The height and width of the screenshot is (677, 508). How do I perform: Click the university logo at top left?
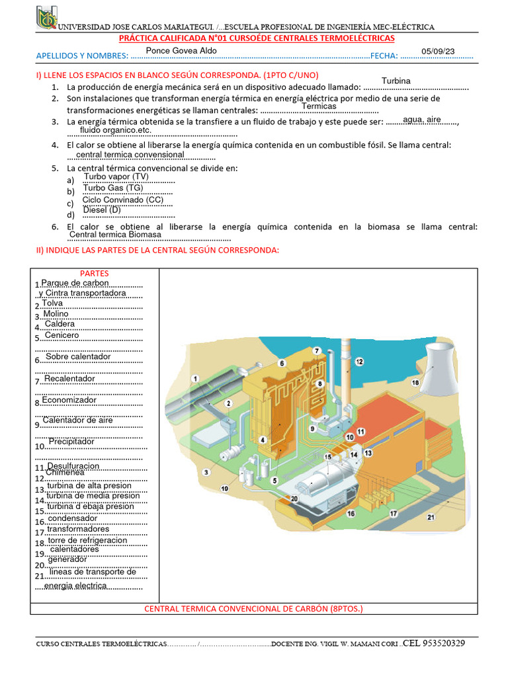pyautogui.click(x=46, y=18)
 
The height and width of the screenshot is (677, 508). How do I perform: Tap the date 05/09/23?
pyautogui.click(x=438, y=52)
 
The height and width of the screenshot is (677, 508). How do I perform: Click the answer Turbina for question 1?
pyautogui.click(x=396, y=81)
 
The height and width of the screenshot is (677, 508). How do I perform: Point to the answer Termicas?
pyautogui.click(x=319, y=106)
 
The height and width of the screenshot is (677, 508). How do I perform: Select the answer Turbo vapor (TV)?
pyautogui.click(x=116, y=177)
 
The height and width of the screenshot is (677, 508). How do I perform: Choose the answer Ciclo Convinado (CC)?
pyautogui.click(x=122, y=200)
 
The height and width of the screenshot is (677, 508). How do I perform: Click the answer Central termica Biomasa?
pyautogui.click(x=115, y=234)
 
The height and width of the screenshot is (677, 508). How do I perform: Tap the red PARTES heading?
pyautogui.click(x=94, y=273)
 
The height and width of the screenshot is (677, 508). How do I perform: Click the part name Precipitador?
pyautogui.click(x=71, y=441)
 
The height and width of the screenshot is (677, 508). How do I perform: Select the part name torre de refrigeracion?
pyautogui.click(x=87, y=540)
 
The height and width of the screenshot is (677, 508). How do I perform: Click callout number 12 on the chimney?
pyautogui.click(x=359, y=362)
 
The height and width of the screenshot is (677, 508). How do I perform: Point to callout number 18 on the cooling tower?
pyautogui.click(x=415, y=383)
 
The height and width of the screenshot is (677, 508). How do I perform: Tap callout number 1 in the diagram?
pyautogui.click(x=195, y=378)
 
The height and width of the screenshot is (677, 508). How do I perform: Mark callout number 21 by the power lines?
pyautogui.click(x=431, y=517)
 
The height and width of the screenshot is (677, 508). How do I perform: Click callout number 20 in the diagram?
pyautogui.click(x=294, y=498)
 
